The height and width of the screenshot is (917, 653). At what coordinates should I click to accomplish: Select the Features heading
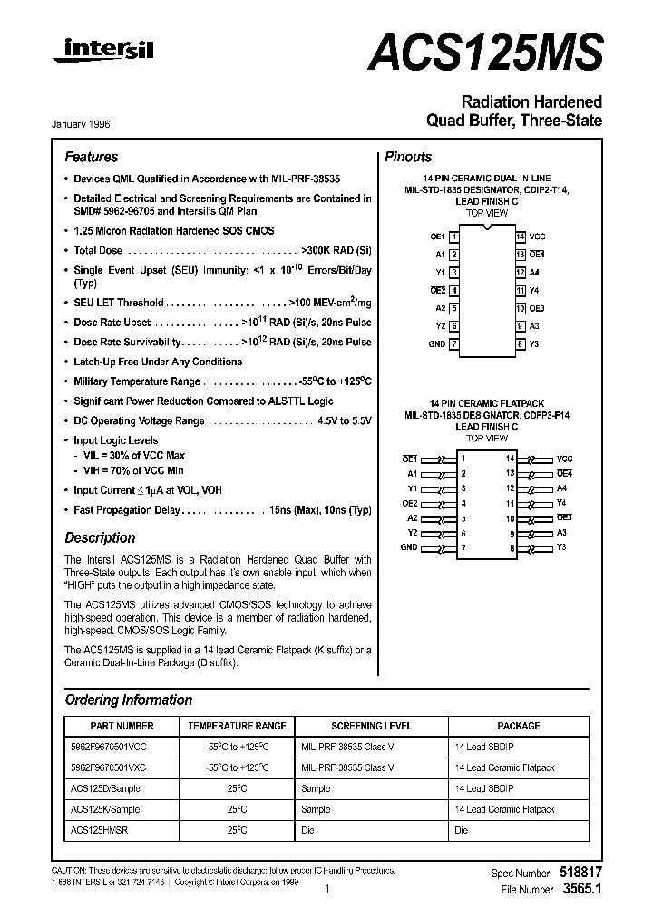click(91, 157)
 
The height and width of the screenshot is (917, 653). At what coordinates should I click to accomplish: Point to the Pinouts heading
click(408, 157)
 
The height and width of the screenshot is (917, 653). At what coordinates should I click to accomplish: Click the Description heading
click(100, 537)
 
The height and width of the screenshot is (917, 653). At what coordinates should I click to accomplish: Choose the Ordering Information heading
click(128, 700)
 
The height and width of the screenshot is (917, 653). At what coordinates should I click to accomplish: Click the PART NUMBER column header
click(122, 726)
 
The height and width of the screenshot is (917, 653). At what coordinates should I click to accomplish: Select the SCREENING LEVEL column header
click(371, 726)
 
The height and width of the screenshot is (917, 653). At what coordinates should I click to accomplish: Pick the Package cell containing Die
click(462, 830)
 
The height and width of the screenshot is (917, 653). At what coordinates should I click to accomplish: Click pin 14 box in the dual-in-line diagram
click(521, 236)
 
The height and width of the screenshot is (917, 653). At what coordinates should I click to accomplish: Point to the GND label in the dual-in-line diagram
click(436, 344)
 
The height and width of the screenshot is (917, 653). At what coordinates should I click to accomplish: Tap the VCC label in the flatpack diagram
click(565, 458)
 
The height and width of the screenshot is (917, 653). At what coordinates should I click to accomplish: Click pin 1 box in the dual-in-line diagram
click(453, 236)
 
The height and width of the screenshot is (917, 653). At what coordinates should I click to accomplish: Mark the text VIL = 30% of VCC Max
click(134, 456)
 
